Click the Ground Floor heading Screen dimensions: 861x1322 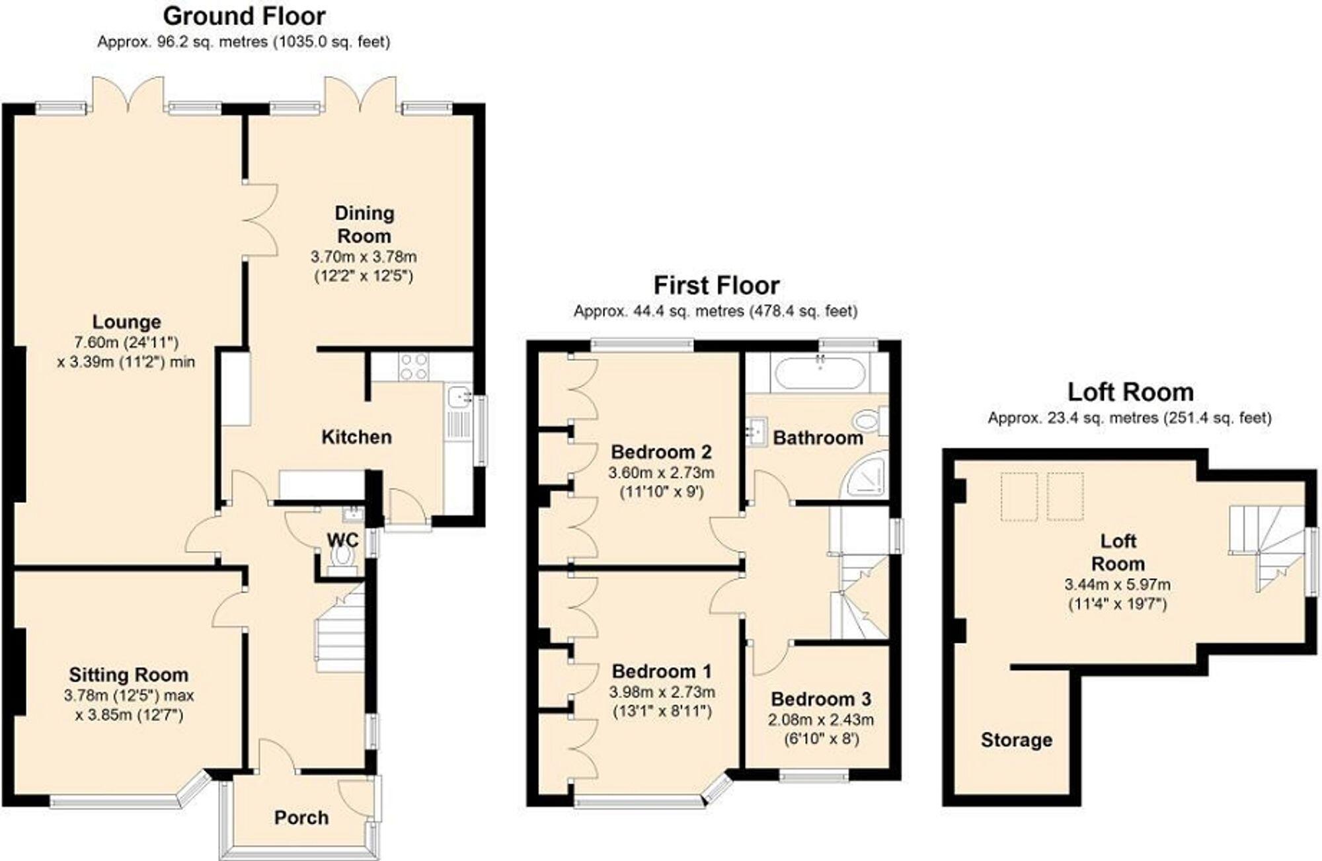click(x=244, y=16)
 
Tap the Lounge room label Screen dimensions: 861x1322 click(x=126, y=322)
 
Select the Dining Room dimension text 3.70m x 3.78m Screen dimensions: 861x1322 click(x=364, y=256)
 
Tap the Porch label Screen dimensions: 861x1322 click(x=301, y=818)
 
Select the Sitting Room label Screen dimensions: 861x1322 click(x=128, y=675)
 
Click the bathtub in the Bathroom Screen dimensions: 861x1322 click(x=820, y=373)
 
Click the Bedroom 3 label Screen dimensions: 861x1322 click(x=820, y=699)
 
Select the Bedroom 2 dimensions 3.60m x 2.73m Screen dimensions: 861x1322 click(x=661, y=473)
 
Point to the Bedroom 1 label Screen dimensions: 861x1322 click(x=661, y=671)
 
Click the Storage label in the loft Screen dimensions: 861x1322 click(x=1016, y=740)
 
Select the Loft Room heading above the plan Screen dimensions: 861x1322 click(x=1130, y=393)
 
